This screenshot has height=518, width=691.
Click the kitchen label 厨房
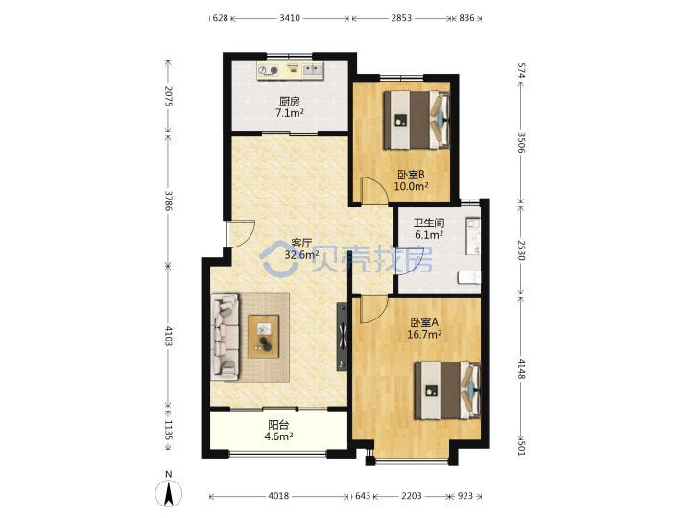coord(290,102)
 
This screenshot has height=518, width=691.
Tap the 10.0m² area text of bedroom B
coord(411,186)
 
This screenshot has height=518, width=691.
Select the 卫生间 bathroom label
coord(429,223)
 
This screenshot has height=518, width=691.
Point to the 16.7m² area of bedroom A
coord(424,334)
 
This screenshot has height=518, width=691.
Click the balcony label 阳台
coord(278,425)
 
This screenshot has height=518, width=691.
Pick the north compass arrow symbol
coord(168,493)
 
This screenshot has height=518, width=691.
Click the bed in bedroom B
coord(417,120)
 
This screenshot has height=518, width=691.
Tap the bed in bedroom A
coord(447,389)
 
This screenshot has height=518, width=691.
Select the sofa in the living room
coord(226,337)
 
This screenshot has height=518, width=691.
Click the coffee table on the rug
coord(264,336)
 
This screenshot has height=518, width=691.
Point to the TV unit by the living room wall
coord(343,337)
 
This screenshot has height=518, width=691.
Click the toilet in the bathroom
coord(469,277)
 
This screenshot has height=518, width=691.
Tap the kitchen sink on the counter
coord(313,70)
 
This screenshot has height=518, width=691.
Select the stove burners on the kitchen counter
coord(269,70)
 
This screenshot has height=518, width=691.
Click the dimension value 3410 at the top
coord(290,18)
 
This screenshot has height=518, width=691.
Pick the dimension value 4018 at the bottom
coord(278,496)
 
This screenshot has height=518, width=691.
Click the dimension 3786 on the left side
coord(168,200)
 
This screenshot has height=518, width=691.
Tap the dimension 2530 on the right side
coord(521,249)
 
